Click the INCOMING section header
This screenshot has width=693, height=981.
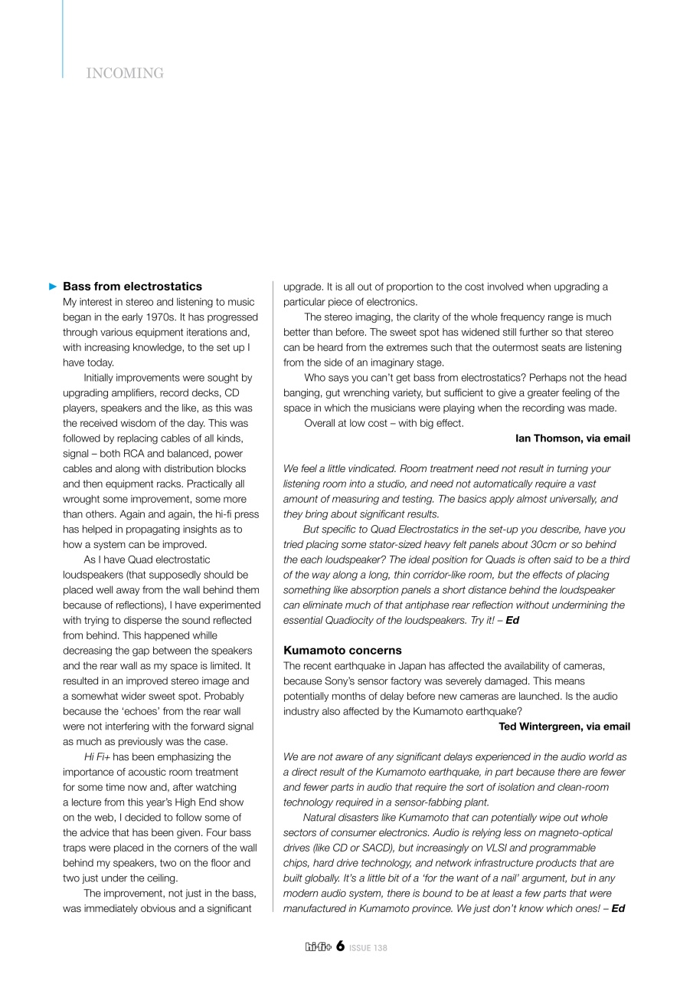point(125,74)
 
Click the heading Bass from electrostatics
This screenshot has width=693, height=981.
point(132,287)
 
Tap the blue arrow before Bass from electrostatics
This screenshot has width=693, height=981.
point(53,287)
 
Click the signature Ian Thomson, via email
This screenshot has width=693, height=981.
point(573,438)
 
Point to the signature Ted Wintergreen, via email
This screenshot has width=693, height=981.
point(564,726)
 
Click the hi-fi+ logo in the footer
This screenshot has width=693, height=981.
point(318,947)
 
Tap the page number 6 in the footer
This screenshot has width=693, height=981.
point(339,947)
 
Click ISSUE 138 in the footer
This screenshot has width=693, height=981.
point(368,948)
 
